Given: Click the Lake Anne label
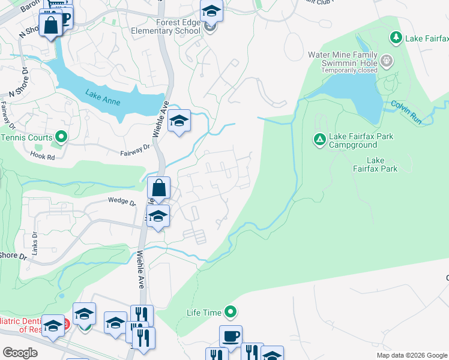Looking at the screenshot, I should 103,97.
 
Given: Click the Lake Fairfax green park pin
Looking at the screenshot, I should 396,38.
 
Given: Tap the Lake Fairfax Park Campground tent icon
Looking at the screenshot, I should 319,140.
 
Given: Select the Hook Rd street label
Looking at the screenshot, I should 42,155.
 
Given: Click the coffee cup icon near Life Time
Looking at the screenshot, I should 231,335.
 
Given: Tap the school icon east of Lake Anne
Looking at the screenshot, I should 179,121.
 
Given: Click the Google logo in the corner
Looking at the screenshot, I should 20,353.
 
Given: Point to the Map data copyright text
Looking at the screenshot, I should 412,355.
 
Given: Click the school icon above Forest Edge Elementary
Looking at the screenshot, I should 211,10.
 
